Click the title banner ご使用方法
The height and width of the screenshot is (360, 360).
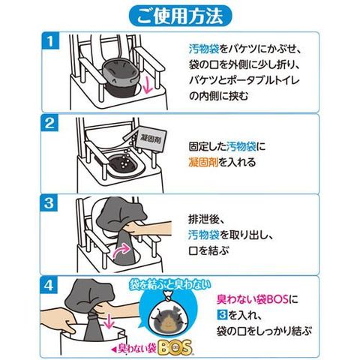pos(180,16)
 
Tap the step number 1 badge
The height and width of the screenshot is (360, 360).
pos(50,41)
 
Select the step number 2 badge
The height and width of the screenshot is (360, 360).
pos(50,123)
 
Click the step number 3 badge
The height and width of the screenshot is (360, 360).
pos(49,203)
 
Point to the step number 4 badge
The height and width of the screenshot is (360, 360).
pos(49,285)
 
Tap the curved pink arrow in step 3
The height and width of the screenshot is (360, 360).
pos(121,250)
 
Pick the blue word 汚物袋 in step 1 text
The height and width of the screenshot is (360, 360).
pos(204,49)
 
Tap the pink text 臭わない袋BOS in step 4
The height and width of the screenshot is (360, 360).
pos(253,299)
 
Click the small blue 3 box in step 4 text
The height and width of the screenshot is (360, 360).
pos(221,315)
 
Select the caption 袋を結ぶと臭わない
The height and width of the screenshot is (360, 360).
pos(170,284)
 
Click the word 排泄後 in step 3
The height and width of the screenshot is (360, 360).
pos(203,219)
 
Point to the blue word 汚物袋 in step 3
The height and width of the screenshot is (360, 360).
pos(203,235)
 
